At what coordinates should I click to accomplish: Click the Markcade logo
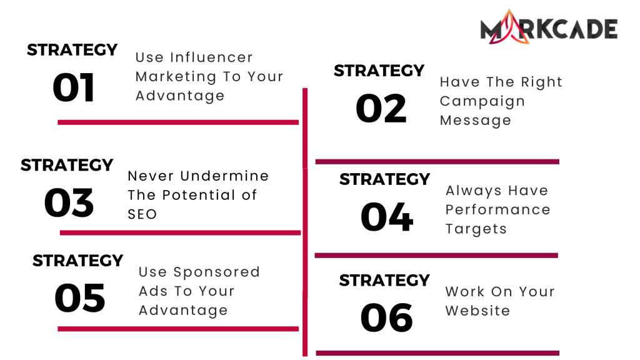point(549,27)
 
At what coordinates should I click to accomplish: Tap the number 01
point(74,87)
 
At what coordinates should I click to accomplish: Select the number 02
point(381,108)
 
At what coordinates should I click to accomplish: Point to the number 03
point(69,203)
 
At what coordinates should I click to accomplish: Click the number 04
point(387,217)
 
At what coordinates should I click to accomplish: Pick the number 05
point(79,298)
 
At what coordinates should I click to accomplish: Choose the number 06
point(386,317)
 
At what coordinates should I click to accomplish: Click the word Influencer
point(211,57)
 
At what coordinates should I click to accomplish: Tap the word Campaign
point(482,102)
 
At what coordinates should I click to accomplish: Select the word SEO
point(142,214)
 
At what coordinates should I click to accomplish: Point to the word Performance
point(497,210)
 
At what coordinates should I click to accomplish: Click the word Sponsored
point(216,272)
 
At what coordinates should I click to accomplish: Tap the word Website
point(477,311)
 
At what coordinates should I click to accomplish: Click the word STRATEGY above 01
point(72,50)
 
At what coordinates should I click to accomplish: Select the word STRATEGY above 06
point(384,281)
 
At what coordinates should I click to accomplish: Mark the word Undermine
point(224,176)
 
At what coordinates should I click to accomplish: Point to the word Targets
point(476,229)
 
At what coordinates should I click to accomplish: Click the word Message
point(475,121)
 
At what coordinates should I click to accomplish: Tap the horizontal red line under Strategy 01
point(178,122)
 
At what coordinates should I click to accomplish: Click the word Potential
point(198,195)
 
